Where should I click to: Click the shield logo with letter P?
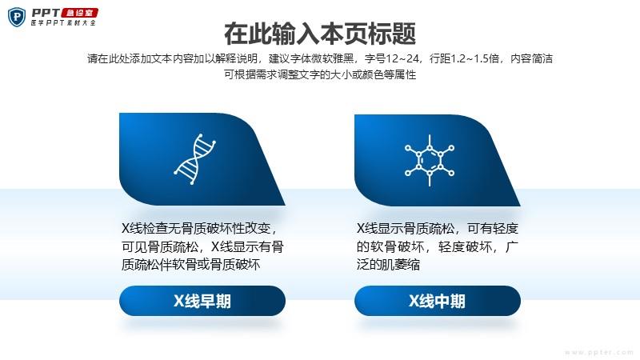click(16, 17)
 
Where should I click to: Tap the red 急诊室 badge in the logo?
click(79, 13)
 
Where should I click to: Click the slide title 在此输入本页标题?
click(319, 34)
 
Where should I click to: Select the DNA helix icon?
click(194, 158)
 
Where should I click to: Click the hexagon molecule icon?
click(430, 161)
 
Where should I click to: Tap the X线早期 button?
click(202, 301)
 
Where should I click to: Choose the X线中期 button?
click(437, 301)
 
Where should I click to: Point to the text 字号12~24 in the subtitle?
click(392, 58)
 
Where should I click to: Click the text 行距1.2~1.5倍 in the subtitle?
click(465, 58)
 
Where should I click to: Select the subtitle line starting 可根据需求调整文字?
click(320, 74)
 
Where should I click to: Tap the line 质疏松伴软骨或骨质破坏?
click(190, 265)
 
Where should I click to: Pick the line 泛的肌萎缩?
click(388, 265)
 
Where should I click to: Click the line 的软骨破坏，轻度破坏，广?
click(437, 246)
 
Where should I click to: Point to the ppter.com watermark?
click(599, 352)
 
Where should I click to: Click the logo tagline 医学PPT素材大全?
click(63, 23)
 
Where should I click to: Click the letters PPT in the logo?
click(46, 13)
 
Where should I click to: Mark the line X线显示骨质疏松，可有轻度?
click(437, 228)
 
